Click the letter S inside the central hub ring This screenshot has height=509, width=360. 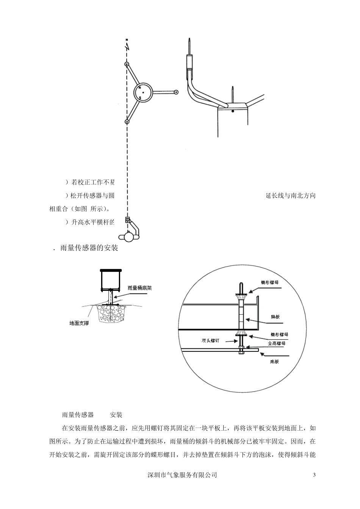(x=140, y=98)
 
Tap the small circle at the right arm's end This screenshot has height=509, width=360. (x=176, y=92)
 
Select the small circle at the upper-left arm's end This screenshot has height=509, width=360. (x=127, y=64)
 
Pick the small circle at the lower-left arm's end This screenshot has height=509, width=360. (x=127, y=122)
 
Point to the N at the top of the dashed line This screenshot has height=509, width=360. (x=127, y=40)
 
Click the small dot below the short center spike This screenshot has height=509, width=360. (x=233, y=111)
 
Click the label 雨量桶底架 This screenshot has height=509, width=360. (x=140, y=288)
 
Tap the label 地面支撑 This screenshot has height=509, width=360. (x=79, y=323)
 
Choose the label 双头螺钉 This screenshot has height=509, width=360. (x=211, y=340)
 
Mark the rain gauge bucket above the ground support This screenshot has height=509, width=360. (x=111, y=280)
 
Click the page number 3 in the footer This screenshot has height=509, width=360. (x=314, y=475)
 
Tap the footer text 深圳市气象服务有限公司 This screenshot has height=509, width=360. (x=182, y=475)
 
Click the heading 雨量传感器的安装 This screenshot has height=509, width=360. (x=89, y=248)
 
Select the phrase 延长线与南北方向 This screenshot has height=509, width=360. (x=291, y=196)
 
